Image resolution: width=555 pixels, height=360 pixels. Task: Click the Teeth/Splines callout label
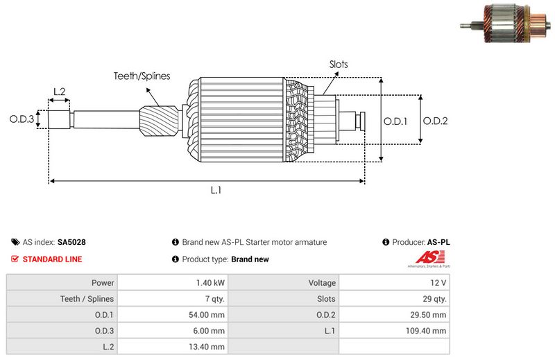tap(142, 76)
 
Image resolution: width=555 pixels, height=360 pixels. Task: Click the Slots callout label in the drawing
tap(339, 65)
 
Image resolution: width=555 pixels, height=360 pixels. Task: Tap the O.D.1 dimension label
tap(395, 120)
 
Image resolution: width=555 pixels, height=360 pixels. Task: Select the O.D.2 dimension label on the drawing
tap(435, 120)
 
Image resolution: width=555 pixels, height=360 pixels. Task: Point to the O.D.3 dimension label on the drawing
tap(22, 119)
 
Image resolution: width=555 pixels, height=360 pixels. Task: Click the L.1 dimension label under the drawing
tap(216, 190)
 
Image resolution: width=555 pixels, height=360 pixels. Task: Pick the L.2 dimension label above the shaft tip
tap(60, 92)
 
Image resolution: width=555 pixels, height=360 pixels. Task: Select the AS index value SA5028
tap(71, 243)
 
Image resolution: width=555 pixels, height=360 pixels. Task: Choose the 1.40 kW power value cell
tap(210, 283)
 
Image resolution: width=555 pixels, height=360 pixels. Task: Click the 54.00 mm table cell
tap(209, 315)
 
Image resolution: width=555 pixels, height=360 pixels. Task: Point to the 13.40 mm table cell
tap(209, 347)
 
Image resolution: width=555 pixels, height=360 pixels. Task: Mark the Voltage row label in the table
tap(322, 283)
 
